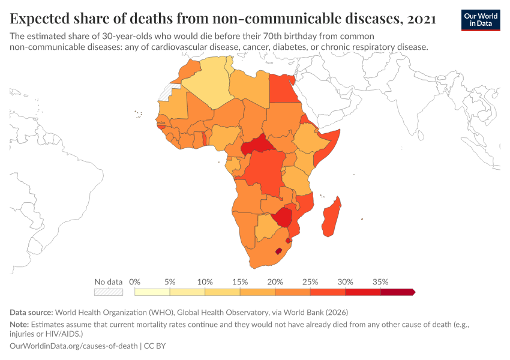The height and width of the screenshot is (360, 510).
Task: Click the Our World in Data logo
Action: click(481, 20)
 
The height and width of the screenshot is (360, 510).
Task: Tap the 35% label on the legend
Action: click(380, 281)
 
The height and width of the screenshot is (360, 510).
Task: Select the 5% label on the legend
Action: click(170, 281)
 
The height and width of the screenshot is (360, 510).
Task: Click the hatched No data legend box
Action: click(108, 292)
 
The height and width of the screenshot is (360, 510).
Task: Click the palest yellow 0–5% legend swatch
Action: click(152, 292)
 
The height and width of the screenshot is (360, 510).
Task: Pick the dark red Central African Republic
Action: click(255, 146)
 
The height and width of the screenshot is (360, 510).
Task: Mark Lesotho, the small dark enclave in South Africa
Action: click(277, 251)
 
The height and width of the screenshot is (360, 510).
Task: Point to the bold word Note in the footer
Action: click(20, 324)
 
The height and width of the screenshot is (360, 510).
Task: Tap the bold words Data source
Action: click(31, 312)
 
